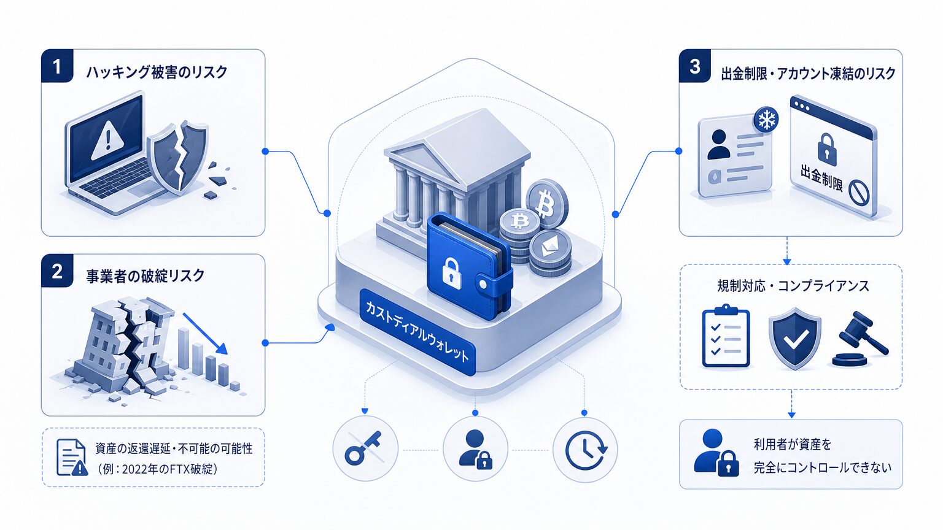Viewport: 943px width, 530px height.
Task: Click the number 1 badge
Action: (x=57, y=66)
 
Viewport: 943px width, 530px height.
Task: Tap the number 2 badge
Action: (x=57, y=271)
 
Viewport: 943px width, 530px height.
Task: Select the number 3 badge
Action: (x=695, y=66)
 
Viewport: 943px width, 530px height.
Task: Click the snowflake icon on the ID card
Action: (x=765, y=120)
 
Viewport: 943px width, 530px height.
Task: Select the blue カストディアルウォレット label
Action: (x=417, y=332)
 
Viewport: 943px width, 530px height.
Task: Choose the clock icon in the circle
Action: (x=586, y=448)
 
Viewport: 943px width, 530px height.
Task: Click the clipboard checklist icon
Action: (x=726, y=336)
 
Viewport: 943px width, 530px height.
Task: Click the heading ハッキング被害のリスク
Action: (x=157, y=72)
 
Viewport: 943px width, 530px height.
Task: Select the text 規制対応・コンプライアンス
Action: (x=793, y=286)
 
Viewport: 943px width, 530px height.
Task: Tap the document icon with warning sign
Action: (x=72, y=457)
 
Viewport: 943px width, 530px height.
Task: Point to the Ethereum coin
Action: (x=551, y=248)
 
